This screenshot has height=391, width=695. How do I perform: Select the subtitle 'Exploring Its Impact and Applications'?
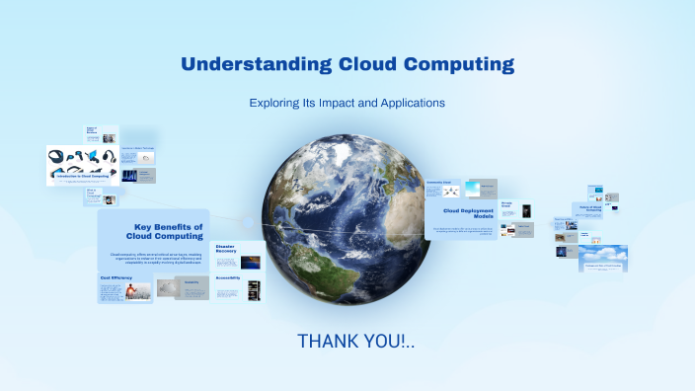pos(347,103)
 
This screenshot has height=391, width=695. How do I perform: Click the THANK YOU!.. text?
pos(356,342)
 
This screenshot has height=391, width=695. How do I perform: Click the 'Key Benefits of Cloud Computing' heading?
pos(169,232)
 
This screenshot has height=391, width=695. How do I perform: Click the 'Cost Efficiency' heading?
pos(116,277)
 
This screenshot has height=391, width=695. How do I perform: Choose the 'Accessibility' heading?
pos(229,277)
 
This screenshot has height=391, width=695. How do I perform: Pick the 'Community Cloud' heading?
pos(439,183)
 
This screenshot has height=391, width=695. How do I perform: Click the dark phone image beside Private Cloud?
pos(526,210)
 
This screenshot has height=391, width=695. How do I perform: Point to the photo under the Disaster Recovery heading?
pos(251,262)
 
